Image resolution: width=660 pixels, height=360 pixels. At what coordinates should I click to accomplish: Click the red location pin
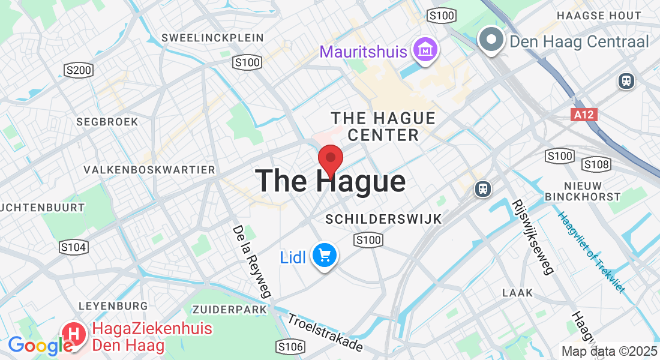tap(330, 159)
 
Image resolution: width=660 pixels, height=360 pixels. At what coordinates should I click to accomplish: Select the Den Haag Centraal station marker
tap(492, 40)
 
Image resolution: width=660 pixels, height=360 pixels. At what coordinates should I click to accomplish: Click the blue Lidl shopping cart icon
tap(325, 256)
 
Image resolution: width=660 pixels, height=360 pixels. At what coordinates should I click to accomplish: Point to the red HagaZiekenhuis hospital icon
tap(74, 334)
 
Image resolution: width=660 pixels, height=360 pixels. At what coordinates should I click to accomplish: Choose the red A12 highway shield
tap(584, 114)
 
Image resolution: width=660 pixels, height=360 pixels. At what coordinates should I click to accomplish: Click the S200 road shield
tap(78, 71)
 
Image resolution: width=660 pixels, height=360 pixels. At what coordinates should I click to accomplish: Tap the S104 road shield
tap(74, 247)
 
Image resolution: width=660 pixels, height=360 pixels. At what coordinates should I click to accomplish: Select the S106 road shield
tap(290, 346)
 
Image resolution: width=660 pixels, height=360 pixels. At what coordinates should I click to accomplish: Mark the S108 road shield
tap(596, 164)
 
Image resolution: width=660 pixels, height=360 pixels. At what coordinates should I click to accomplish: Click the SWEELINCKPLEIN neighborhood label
tap(212, 38)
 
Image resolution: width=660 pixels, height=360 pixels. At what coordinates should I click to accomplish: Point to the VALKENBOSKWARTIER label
tap(149, 170)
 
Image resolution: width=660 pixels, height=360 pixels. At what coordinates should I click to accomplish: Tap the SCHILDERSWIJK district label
tap(383, 220)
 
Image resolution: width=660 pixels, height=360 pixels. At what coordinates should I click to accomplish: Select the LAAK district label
tap(517, 293)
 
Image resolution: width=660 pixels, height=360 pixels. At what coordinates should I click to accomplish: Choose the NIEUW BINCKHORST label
tap(583, 190)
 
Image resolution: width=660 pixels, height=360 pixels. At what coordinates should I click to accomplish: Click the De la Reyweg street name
tap(251, 262)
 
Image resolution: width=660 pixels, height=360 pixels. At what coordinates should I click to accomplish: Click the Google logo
tap(40, 346)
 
